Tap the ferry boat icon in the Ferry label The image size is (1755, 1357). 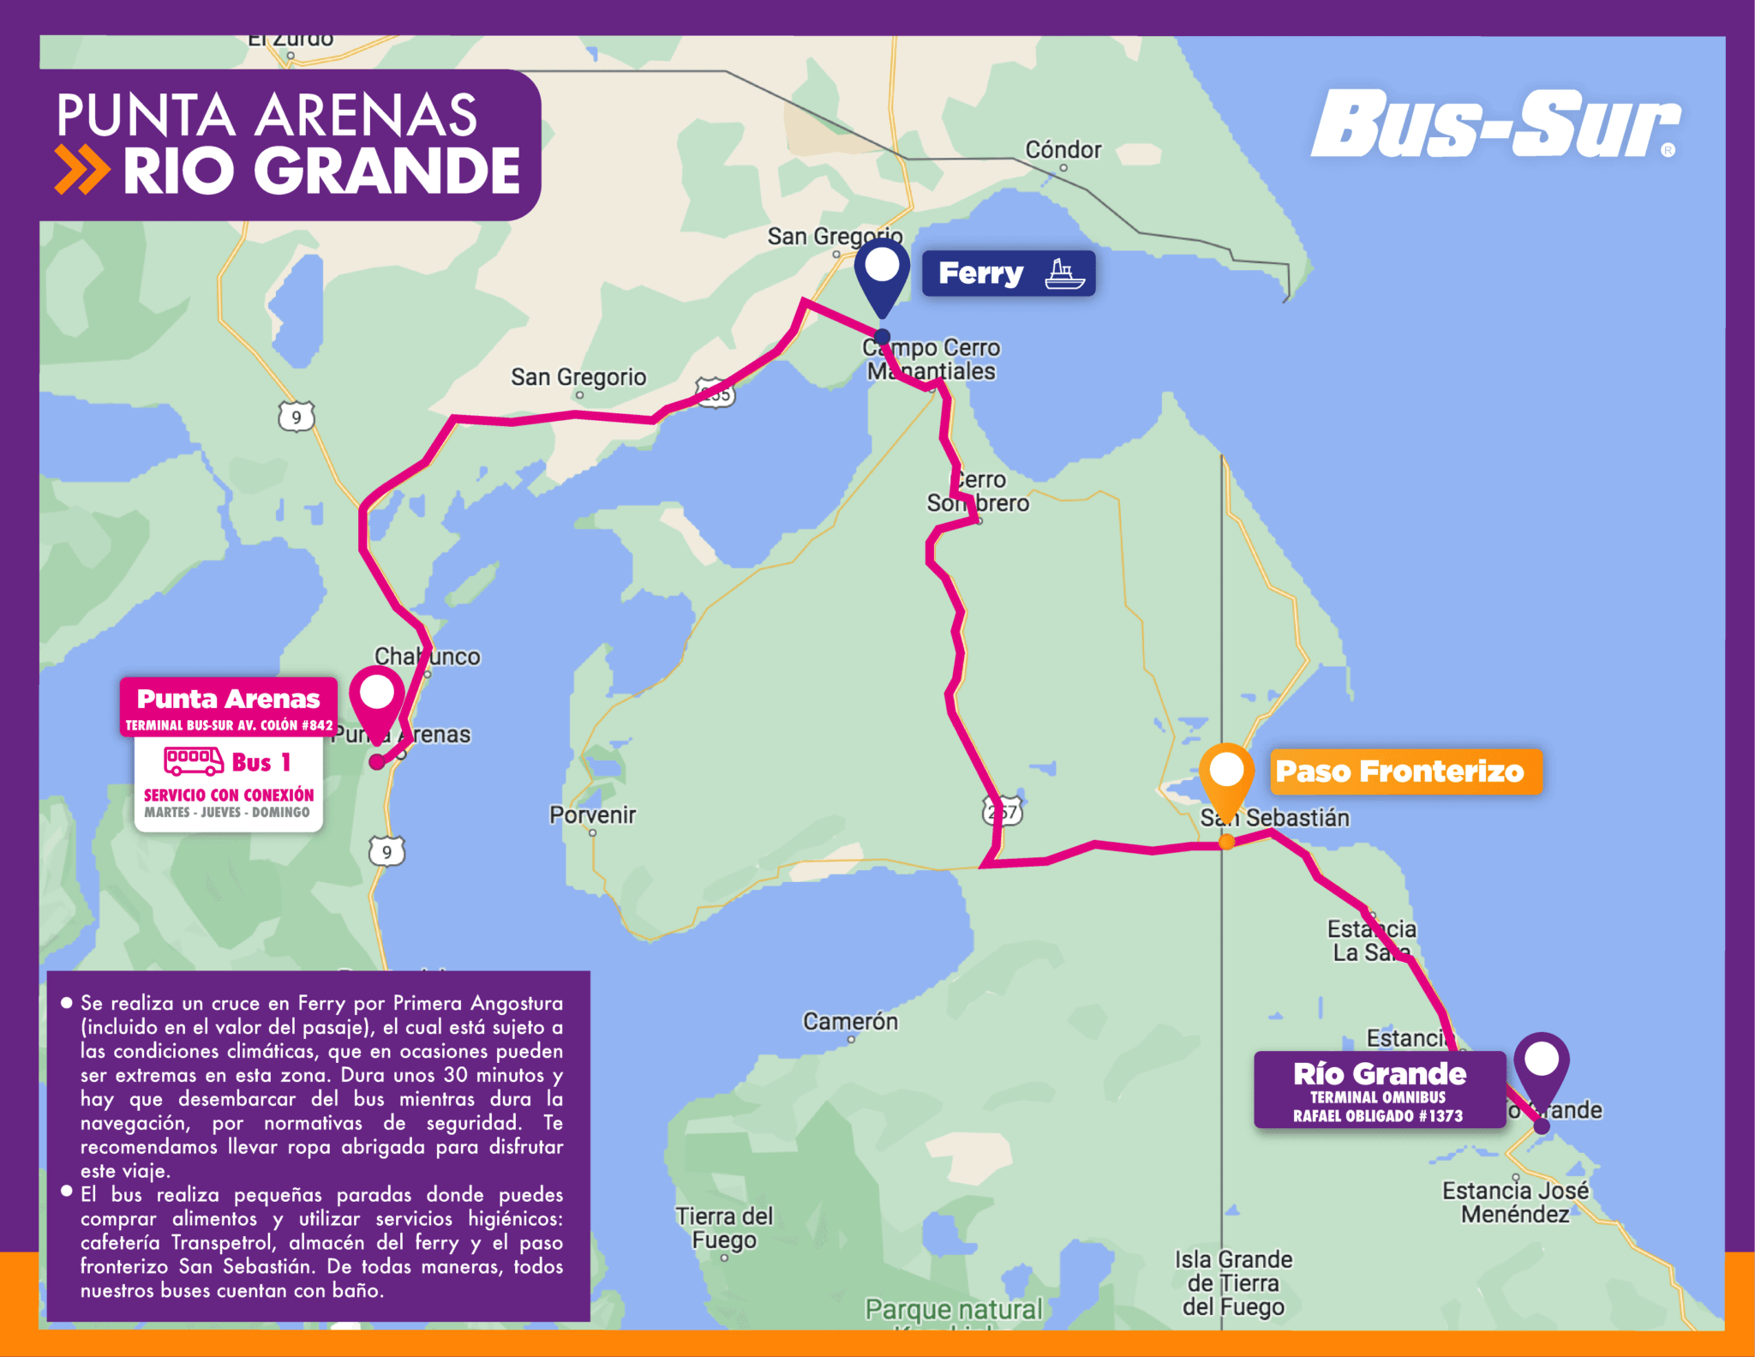tap(1064, 274)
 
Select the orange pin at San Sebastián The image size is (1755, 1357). tap(1226, 775)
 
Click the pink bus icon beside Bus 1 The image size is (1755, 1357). tap(194, 761)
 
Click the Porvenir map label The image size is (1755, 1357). tap(593, 814)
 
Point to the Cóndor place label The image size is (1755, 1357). tap(1063, 150)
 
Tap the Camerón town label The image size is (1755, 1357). tap(850, 1021)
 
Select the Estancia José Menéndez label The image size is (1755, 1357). tap(1515, 1202)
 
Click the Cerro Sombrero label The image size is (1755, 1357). tap(979, 492)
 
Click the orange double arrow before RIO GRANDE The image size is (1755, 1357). tap(81, 170)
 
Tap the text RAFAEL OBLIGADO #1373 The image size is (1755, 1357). tap(1378, 1115)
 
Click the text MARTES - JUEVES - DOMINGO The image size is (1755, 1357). tap(227, 812)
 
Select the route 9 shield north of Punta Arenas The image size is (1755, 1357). tap(296, 417)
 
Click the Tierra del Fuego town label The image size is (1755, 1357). tap(724, 1228)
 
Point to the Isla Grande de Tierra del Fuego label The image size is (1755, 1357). tap(1232, 1282)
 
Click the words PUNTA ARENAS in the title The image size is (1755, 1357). tap(267, 115)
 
